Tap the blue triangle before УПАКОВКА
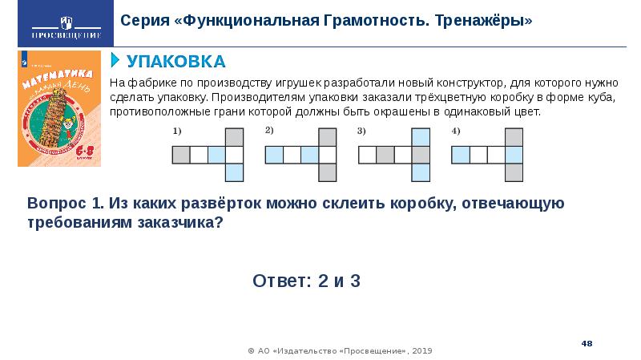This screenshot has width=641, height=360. coord(115,60)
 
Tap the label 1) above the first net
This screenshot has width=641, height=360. coord(177,131)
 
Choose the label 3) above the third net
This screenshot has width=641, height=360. coord(362,131)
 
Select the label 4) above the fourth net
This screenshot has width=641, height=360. coord(455,131)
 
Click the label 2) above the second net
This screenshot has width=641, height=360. coord(270,131)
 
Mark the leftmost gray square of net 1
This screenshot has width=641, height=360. coord(181,154)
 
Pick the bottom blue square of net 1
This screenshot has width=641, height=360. coord(234,172)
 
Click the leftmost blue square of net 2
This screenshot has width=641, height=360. coord(275,154)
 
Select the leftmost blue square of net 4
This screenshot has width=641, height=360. coord(461,154)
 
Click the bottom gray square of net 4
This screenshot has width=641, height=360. coord(514,172)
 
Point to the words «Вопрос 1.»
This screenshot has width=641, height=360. coord(61,204)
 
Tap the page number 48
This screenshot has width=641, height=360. coord(587,343)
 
